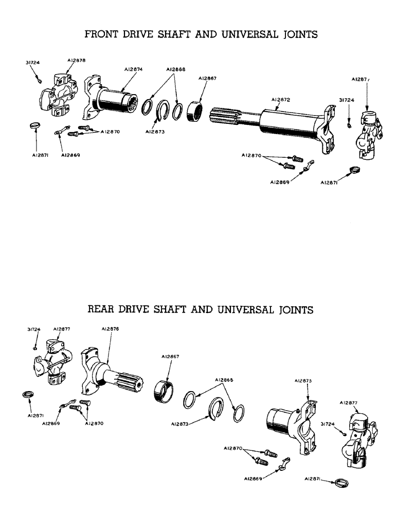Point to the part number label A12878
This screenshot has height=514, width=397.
point(76,60)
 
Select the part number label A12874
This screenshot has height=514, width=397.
point(134,68)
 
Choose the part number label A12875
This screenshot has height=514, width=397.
point(303,380)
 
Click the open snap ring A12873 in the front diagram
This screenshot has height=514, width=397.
point(164,112)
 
